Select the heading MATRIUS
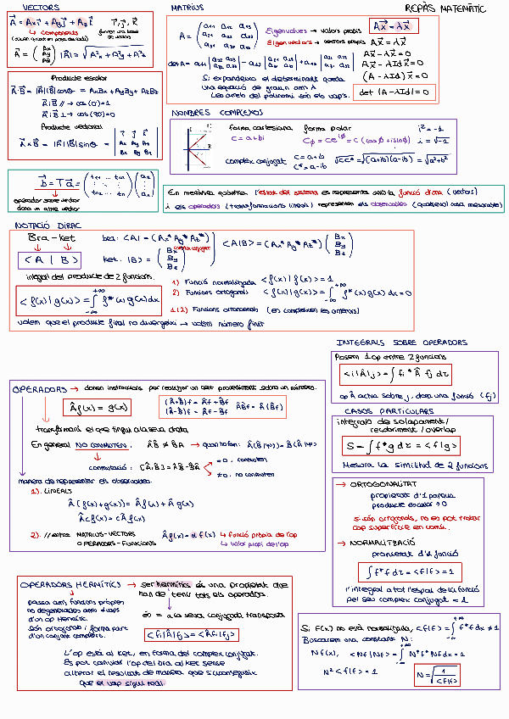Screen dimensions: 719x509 click(187, 7)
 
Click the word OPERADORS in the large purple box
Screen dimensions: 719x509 click(39, 388)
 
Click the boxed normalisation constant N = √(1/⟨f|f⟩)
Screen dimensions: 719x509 click(438, 675)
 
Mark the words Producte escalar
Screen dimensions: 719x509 click(67, 76)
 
